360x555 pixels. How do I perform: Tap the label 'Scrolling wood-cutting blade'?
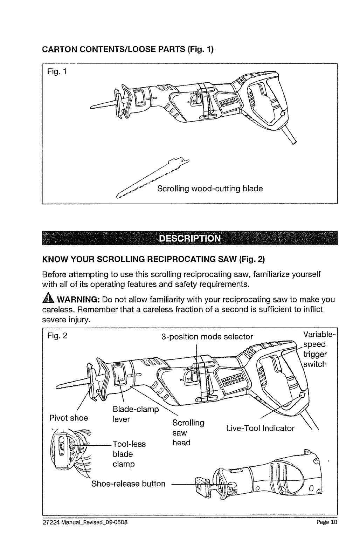tap(210, 189)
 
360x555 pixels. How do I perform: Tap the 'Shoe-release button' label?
tap(128, 484)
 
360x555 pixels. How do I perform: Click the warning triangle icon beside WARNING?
tap(48, 301)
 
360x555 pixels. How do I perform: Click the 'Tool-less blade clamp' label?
tap(129, 454)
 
